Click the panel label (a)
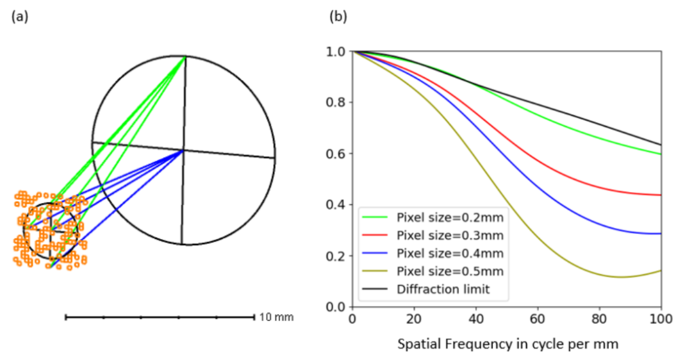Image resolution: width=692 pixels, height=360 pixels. click(20, 17)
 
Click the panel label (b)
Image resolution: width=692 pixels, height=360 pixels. click(338, 17)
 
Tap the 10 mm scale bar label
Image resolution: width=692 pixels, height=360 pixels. click(276, 317)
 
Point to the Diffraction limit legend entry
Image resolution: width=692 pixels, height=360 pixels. click(426, 289)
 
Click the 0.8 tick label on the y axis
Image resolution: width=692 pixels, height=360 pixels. click(335, 102)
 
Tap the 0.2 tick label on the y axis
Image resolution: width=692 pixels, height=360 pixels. click(335, 256)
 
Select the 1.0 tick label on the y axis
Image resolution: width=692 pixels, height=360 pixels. click(335, 52)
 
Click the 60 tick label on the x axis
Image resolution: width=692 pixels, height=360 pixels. click(538, 318)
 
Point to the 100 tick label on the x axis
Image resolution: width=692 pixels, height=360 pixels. click(661, 318)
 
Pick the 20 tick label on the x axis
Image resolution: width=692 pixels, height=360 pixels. click(414, 318)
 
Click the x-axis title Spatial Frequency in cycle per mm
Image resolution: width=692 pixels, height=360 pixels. click(507, 344)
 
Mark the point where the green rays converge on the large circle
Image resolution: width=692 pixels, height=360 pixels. click(185, 56)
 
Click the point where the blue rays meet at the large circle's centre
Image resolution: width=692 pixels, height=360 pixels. click(183, 151)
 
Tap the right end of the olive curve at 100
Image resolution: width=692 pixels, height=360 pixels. click(661, 270)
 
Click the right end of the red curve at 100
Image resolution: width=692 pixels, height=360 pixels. click(661, 195)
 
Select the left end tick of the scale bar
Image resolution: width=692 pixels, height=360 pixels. click(66, 317)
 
